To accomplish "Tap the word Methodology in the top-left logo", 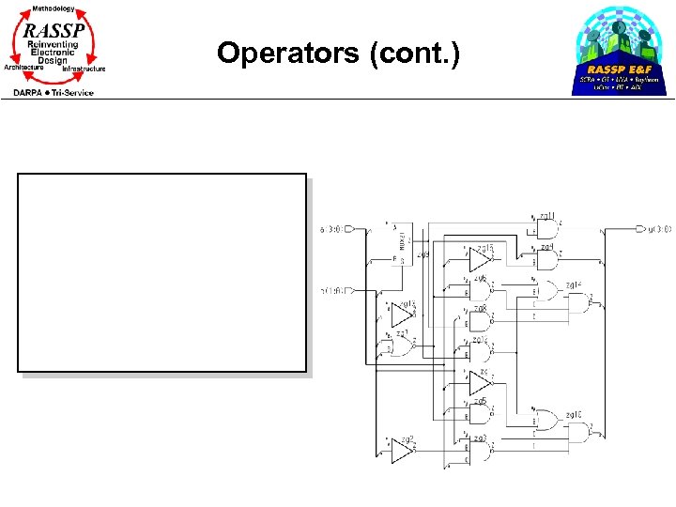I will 54,8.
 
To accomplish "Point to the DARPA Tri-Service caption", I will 54,92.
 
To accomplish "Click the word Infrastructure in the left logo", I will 84,69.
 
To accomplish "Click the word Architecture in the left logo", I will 24,68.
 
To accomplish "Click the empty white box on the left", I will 162,272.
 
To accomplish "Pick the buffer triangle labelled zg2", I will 402,453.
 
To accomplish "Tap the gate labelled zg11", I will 545,228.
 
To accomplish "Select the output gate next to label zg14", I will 591,301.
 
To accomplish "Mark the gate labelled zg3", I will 481,453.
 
